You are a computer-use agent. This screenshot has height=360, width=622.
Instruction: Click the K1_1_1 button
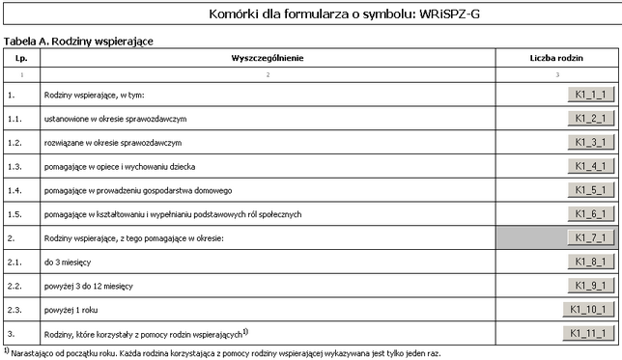click(x=589, y=95)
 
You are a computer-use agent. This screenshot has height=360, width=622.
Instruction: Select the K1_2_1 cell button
click(x=589, y=118)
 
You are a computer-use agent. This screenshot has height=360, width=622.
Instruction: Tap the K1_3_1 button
click(x=589, y=142)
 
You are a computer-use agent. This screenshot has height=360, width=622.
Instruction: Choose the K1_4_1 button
click(x=589, y=166)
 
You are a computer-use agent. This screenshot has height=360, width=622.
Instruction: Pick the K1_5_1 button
click(x=589, y=189)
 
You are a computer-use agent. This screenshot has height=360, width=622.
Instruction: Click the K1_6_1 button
click(x=589, y=213)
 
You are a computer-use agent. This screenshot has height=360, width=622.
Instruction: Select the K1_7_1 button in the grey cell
click(x=589, y=237)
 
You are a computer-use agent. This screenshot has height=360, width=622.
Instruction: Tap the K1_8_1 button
click(x=589, y=262)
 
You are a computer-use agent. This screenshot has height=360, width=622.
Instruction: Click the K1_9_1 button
click(x=589, y=286)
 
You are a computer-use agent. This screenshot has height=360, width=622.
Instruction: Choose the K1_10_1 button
click(x=587, y=310)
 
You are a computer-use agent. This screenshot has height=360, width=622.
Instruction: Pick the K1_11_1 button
click(x=587, y=334)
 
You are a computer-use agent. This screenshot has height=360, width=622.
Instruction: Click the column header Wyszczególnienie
click(x=268, y=58)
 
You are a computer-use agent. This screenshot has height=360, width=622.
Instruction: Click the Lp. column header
click(x=20, y=58)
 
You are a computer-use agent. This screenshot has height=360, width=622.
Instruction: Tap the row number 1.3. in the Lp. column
click(x=14, y=166)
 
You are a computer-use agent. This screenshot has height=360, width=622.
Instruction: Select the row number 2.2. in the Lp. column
click(x=14, y=287)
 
